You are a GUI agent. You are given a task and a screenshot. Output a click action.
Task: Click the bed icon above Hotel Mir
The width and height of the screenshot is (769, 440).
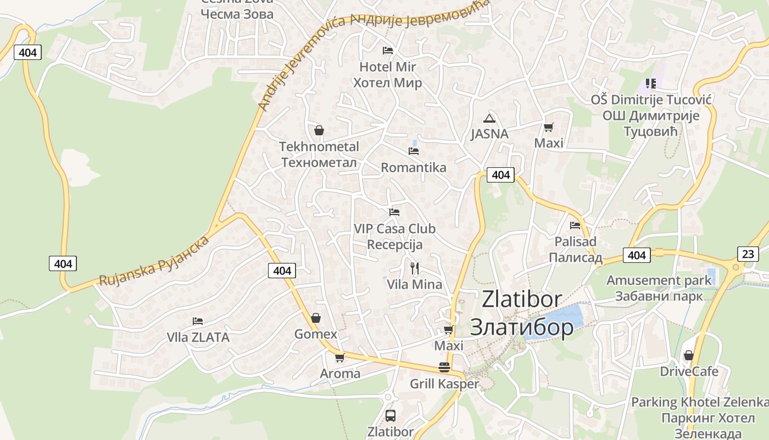point(388,51)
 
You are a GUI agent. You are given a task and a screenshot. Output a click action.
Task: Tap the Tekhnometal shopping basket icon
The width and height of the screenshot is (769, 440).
point(319,130)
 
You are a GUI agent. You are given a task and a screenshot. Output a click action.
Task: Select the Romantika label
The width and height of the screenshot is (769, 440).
point(413,167)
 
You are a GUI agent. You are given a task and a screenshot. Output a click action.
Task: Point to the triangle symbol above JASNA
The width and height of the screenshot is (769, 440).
point(489,118)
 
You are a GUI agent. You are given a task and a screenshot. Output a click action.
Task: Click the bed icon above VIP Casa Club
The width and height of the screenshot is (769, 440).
point(394,212)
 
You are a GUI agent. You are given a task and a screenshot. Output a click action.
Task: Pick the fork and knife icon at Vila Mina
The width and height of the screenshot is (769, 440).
point(415,268)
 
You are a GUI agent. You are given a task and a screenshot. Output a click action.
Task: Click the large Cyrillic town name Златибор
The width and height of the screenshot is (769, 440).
point(521,327)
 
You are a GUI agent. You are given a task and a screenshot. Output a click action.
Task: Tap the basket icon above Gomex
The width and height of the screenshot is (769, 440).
point(316,318)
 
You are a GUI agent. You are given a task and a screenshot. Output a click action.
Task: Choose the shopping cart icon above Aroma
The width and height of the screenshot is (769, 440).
point(340,358)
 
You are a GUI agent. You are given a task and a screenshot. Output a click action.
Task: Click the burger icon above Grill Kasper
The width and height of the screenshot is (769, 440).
point(444,367)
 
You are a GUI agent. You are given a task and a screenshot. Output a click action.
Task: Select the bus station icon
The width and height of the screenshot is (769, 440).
point(390,416)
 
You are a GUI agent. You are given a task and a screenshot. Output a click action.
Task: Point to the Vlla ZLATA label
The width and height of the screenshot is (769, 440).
point(198,337)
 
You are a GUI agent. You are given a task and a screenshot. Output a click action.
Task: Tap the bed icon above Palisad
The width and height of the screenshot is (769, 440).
point(575,225)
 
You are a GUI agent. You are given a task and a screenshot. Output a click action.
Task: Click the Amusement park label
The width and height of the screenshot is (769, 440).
point(659,280)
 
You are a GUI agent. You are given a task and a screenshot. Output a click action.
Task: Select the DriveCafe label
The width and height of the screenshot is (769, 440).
point(689,371)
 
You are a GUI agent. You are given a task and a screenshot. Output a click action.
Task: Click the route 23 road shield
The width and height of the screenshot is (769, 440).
point(748,254)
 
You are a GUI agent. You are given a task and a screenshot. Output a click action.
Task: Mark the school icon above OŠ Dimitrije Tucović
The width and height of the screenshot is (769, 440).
point(651,84)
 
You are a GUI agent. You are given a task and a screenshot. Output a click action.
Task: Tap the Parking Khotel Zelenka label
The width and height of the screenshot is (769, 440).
point(699,402)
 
